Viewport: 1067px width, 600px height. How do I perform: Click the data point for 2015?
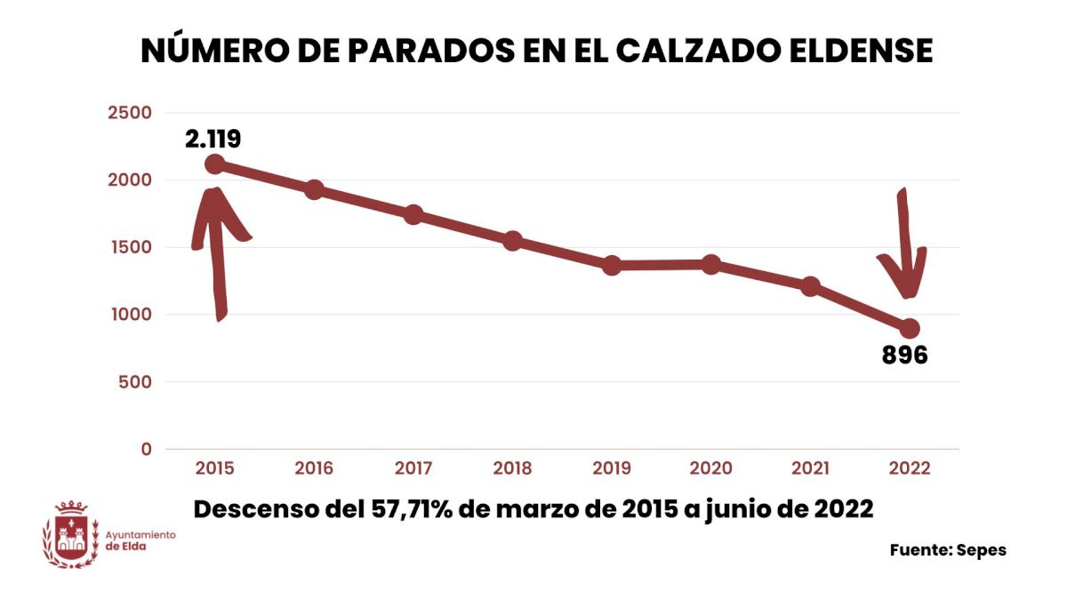coord(214,164)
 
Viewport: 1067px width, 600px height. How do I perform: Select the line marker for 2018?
coord(512,241)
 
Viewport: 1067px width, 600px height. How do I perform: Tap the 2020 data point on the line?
coord(711,264)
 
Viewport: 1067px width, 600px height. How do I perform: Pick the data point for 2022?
coord(910,329)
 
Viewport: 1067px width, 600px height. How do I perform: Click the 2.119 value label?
coord(213,139)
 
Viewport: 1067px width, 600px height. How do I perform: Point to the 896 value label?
coord(904,356)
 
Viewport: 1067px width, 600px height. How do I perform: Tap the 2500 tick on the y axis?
coord(130,113)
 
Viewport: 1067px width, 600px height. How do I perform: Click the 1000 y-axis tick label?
coord(130,315)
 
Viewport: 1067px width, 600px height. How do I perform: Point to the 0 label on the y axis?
coord(146,449)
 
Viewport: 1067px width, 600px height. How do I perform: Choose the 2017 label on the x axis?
coord(413,468)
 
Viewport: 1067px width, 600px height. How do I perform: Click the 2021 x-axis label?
coord(810,468)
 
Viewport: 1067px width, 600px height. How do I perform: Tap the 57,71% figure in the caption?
coord(405,509)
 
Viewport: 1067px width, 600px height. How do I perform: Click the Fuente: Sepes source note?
coord(948,550)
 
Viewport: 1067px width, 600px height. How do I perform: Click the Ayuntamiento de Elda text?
coord(140,540)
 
